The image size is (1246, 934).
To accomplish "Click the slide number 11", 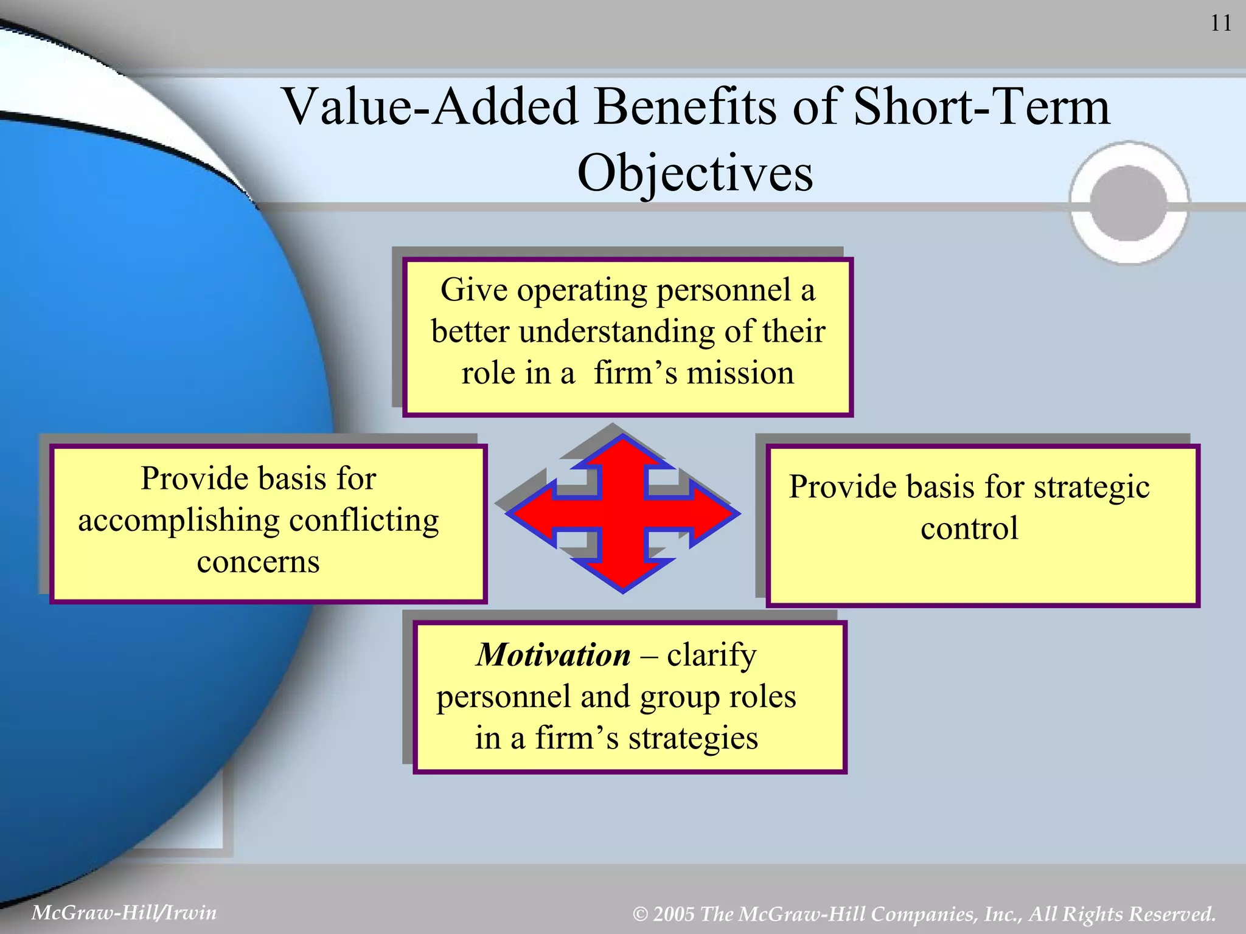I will [1220, 24].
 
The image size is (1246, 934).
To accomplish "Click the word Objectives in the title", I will [695, 173].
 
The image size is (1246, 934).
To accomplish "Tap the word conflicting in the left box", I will [363, 521].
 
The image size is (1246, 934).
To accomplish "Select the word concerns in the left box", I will [258, 561].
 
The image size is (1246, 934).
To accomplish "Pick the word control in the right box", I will [969, 528].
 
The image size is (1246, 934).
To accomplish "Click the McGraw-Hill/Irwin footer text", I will [124, 913].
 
